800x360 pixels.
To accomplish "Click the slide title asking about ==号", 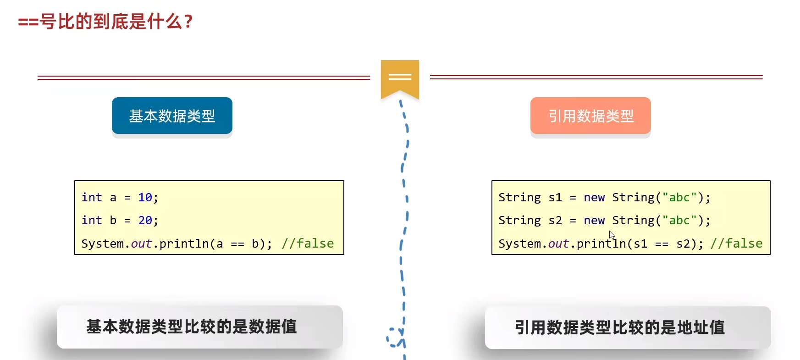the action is [105, 22].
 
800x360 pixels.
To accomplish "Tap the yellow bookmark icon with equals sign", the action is [400, 79].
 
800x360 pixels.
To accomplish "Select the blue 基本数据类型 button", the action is [172, 116].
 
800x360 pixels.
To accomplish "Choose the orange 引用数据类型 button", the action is [590, 116].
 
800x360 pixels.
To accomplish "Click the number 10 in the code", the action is [145, 198].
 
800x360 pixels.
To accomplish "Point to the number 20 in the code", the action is [145, 221].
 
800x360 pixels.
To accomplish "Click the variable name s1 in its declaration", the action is [555, 198].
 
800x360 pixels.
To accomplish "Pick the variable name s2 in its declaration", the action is [555, 221].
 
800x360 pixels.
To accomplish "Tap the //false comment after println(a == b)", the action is [308, 244].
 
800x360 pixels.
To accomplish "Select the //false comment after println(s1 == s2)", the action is [737, 244].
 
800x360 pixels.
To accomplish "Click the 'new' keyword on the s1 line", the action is [594, 198].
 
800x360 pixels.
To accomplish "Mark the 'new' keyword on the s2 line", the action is [594, 221].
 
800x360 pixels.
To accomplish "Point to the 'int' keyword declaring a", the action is [92, 197].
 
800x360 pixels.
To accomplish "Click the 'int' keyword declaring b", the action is [92, 220].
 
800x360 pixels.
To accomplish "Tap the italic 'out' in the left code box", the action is [141, 244].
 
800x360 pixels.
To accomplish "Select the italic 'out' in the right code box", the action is [558, 244].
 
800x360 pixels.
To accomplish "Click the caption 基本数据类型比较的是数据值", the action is [192, 327].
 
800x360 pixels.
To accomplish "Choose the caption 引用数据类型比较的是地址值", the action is [620, 327].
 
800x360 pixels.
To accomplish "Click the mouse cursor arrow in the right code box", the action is [612, 235].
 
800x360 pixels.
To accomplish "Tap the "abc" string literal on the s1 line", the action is [679, 197].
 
